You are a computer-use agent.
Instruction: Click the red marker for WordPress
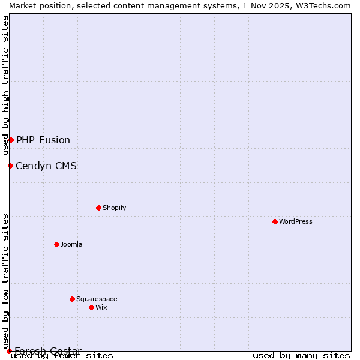tap(275, 221)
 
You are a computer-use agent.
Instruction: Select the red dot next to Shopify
tap(98, 208)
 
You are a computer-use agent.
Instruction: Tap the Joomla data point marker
tap(56, 244)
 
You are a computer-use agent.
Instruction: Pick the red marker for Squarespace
tap(72, 299)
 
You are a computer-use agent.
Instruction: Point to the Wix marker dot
tap(91, 307)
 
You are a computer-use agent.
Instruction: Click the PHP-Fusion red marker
tap(11, 140)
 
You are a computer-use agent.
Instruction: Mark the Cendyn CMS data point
tap(10, 166)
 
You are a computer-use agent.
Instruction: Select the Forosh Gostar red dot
tap(9, 351)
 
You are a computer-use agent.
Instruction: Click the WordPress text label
tap(296, 221)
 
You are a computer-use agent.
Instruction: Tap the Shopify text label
tap(114, 208)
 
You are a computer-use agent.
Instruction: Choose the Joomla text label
tap(71, 244)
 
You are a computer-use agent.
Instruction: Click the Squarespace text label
tap(97, 299)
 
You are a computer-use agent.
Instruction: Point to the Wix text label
tap(101, 307)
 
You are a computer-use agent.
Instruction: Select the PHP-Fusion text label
tap(43, 140)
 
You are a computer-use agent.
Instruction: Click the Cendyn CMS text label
tap(46, 166)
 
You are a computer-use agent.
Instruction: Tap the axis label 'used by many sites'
tap(301, 355)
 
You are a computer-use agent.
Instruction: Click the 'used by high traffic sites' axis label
tap(5, 86)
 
